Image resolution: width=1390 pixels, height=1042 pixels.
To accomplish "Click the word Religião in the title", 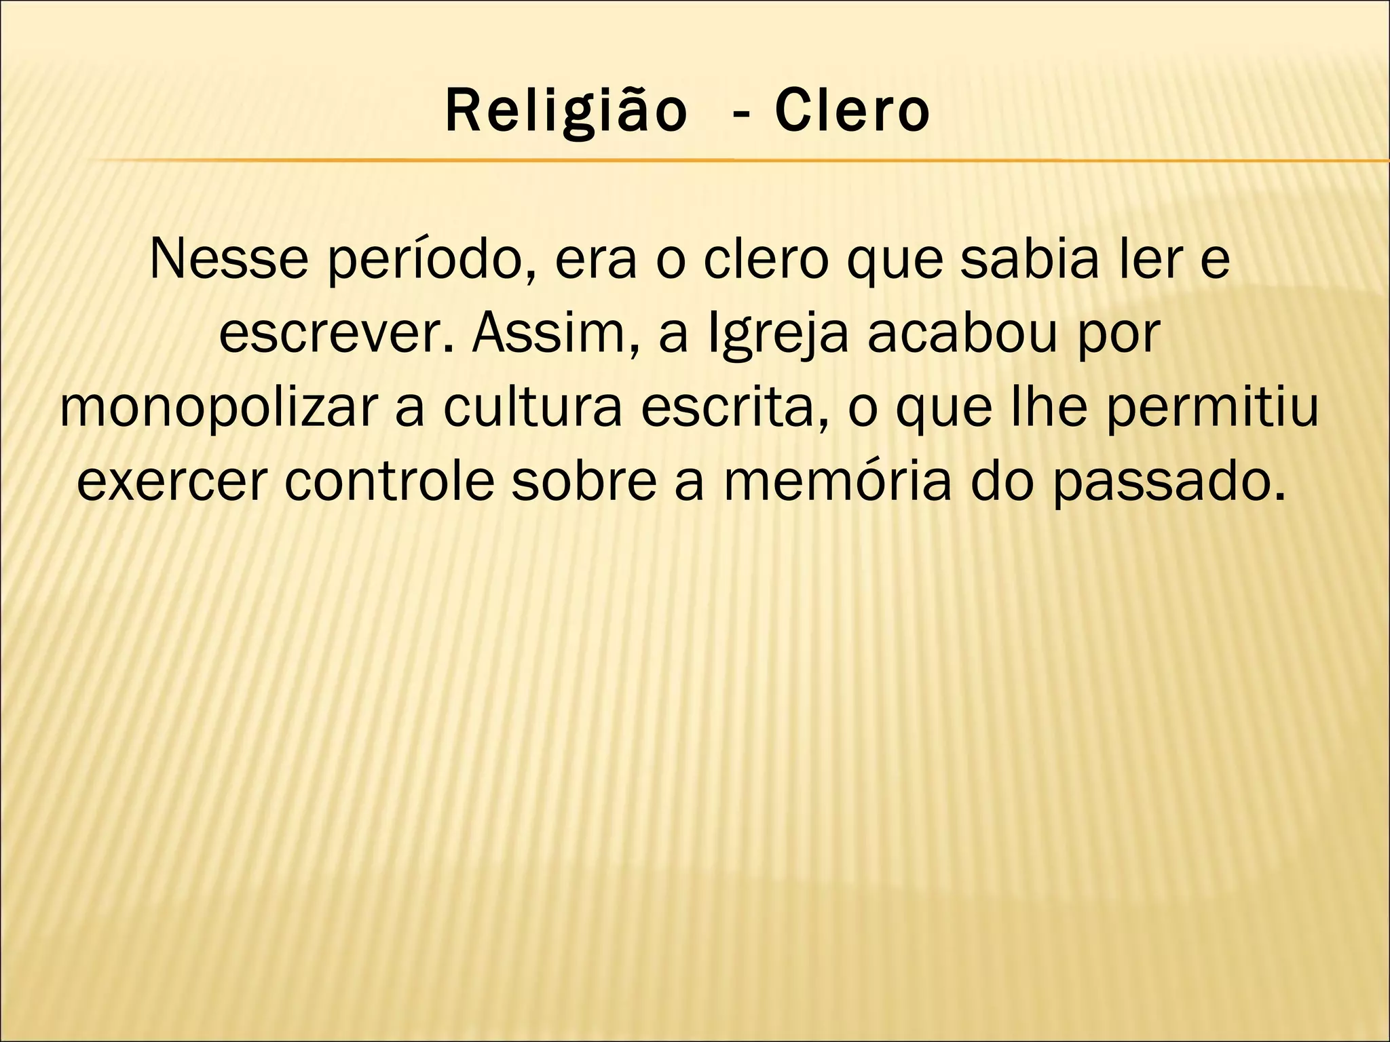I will coord(565,113).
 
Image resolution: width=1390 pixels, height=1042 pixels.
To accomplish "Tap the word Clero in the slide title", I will coord(852,111).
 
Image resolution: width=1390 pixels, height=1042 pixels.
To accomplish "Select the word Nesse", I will coord(229,260).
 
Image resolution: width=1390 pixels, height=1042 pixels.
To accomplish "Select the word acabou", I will coord(962,334).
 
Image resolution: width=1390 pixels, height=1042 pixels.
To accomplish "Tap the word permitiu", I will coord(1213,410).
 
